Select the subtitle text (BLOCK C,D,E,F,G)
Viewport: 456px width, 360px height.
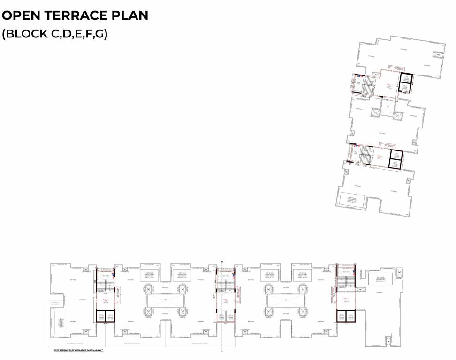pos(55,34)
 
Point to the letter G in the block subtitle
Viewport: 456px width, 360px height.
pos(99,34)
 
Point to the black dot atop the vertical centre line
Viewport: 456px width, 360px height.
pos(222,262)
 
